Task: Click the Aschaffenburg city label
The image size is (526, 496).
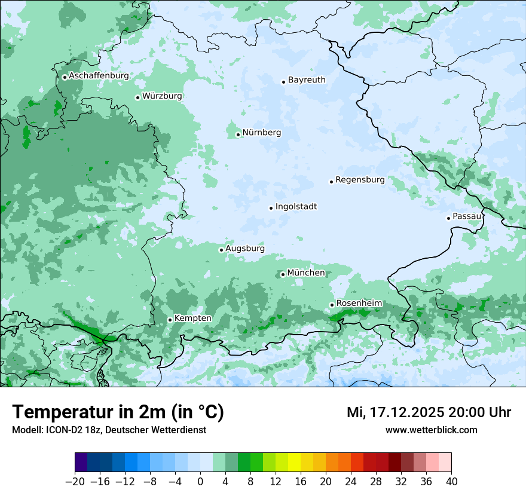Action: (x=99, y=76)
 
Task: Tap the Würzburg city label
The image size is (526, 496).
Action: (x=162, y=96)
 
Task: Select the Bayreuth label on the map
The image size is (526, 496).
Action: (x=307, y=80)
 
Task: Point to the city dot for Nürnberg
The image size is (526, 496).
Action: (x=238, y=134)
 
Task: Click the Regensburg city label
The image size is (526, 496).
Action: (x=360, y=180)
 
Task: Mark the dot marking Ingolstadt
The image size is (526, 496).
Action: (x=271, y=209)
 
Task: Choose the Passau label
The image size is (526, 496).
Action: (x=467, y=216)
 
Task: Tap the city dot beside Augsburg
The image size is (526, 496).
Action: (x=221, y=250)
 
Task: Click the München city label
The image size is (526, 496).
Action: (x=306, y=273)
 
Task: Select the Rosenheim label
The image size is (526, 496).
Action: (x=359, y=304)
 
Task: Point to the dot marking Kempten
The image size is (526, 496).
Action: (x=170, y=320)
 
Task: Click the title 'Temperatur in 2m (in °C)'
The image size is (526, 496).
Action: (x=118, y=412)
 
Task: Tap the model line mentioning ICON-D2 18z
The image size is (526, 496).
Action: (x=109, y=430)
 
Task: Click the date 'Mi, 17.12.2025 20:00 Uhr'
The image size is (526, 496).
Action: (x=429, y=412)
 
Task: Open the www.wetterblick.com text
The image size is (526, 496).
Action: (x=431, y=430)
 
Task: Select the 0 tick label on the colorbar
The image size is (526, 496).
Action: (x=200, y=482)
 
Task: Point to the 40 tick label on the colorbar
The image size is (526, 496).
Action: (x=451, y=482)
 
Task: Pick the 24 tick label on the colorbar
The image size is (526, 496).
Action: (x=351, y=482)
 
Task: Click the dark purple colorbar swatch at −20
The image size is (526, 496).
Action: (x=81, y=463)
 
